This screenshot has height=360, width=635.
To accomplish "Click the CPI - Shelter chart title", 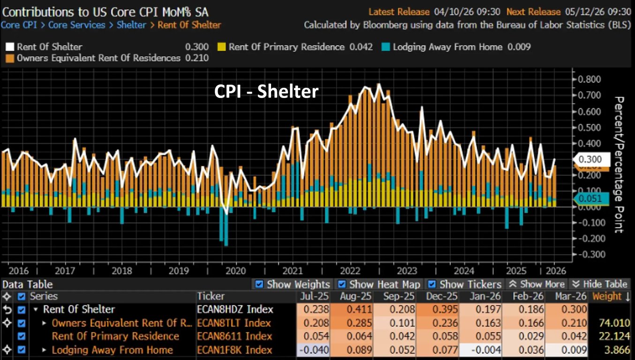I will click(x=266, y=91).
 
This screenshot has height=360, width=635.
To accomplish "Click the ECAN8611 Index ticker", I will click(x=234, y=337).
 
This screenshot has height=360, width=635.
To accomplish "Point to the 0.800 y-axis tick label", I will click(x=588, y=79).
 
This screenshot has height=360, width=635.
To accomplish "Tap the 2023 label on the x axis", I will click(x=407, y=271).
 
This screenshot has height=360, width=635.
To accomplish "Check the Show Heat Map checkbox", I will click(x=342, y=284).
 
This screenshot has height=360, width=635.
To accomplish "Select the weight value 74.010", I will click(x=611, y=323).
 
